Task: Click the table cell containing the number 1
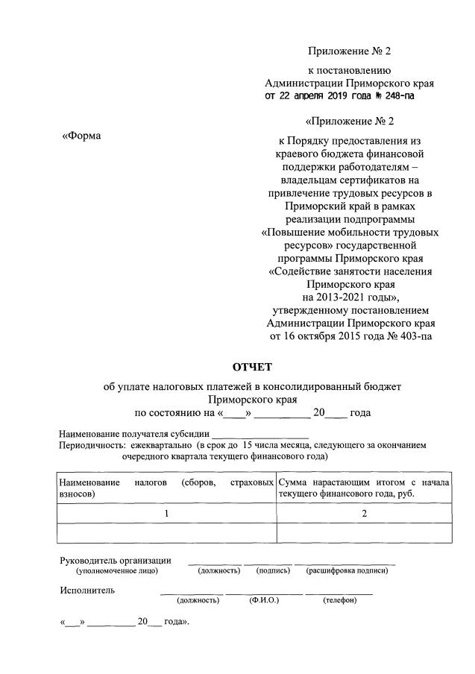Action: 166,513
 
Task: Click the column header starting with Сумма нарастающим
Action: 364,488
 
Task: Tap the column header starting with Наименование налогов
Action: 166,488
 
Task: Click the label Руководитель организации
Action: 116,560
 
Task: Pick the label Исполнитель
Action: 87,590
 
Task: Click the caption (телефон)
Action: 339,600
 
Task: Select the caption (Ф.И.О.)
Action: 263,600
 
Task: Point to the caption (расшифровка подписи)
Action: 347,570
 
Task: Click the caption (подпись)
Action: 273,570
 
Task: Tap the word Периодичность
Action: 93,445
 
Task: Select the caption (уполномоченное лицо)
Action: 117,570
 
